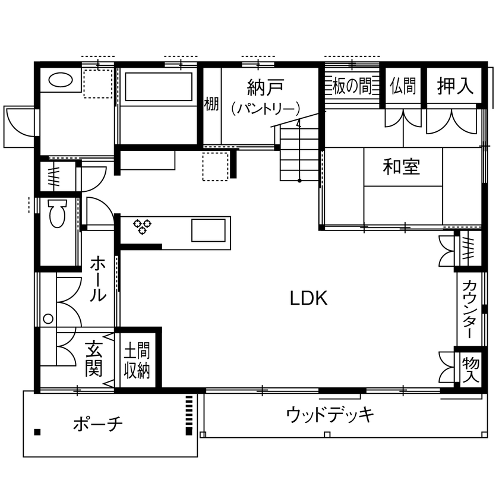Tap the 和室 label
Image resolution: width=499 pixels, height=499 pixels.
(x=402, y=168)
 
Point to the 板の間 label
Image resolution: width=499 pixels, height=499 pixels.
(x=352, y=87)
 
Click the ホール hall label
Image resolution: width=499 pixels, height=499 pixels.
(x=99, y=279)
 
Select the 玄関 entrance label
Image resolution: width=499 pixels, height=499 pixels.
(x=93, y=359)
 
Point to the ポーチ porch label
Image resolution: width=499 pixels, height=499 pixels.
(x=98, y=424)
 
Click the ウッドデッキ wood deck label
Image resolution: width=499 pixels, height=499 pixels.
(x=330, y=414)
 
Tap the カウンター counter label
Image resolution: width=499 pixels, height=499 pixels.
(x=469, y=308)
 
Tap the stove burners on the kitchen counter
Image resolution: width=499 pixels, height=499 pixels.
(x=143, y=226)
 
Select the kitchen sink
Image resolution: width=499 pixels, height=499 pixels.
(x=208, y=230)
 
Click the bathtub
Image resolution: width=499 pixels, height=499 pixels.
(x=158, y=88)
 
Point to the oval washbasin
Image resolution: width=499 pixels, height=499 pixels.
(x=59, y=80)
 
